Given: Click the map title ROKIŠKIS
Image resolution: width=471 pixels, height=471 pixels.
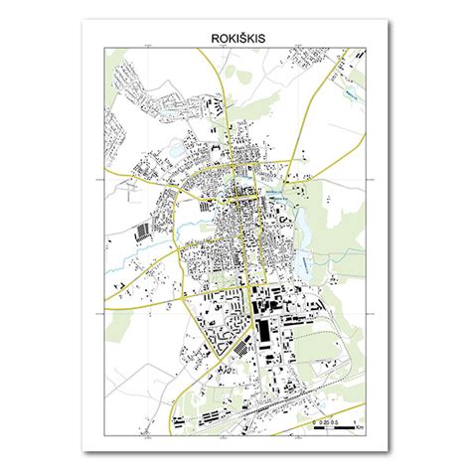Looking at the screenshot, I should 236,39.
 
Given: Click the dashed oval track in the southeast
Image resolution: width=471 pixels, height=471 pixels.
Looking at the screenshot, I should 328,343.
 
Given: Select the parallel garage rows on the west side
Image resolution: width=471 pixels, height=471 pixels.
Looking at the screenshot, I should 145,233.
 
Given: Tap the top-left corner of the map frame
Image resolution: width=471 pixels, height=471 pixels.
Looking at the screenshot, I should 104,48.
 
